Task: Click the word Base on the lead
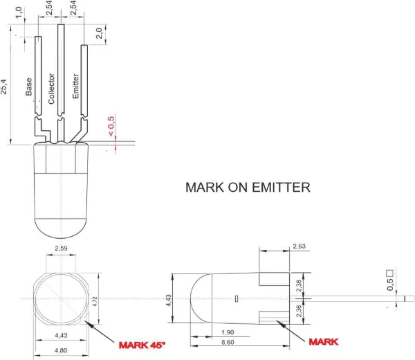[29, 87]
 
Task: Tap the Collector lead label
[50, 87]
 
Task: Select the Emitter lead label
[75, 86]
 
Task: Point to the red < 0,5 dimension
[111, 125]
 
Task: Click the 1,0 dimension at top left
[26, 13]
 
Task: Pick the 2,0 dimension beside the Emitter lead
[100, 33]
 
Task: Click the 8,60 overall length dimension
[225, 342]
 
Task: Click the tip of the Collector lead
[61, 26]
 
